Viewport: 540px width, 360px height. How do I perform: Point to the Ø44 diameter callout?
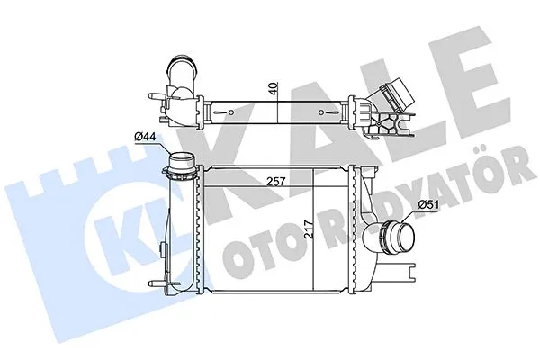point(144,136)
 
